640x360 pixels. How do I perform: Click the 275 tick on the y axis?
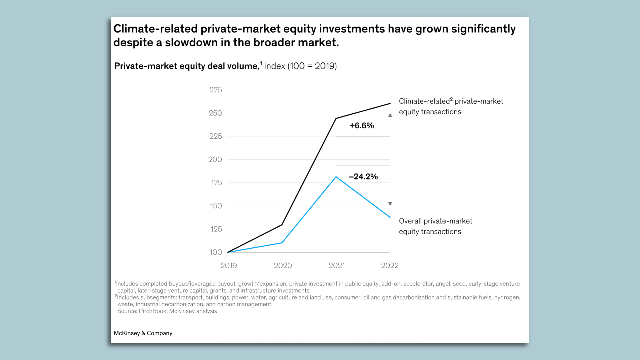point(216,90)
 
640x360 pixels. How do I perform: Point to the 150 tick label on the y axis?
point(216,206)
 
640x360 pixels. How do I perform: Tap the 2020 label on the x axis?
point(283,265)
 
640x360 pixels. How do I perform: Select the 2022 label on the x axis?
point(390,265)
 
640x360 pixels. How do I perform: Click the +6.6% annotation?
point(362,126)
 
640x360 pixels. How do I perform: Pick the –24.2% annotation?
point(363,177)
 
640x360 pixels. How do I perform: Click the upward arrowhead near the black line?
point(390,115)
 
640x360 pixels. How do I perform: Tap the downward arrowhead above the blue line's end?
point(390,204)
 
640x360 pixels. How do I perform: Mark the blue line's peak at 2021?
point(336,177)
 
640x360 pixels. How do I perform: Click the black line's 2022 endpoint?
point(390,104)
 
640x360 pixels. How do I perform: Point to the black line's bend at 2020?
point(282,225)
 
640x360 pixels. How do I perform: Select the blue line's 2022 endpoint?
point(390,217)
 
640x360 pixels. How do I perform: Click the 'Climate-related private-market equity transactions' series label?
point(451,106)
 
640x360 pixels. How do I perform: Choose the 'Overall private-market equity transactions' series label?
point(435,226)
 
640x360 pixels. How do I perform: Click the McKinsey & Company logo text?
point(143,333)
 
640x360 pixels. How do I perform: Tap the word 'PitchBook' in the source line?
point(153,311)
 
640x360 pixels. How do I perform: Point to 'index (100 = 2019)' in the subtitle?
point(300,66)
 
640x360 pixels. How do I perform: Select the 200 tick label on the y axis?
point(215,159)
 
